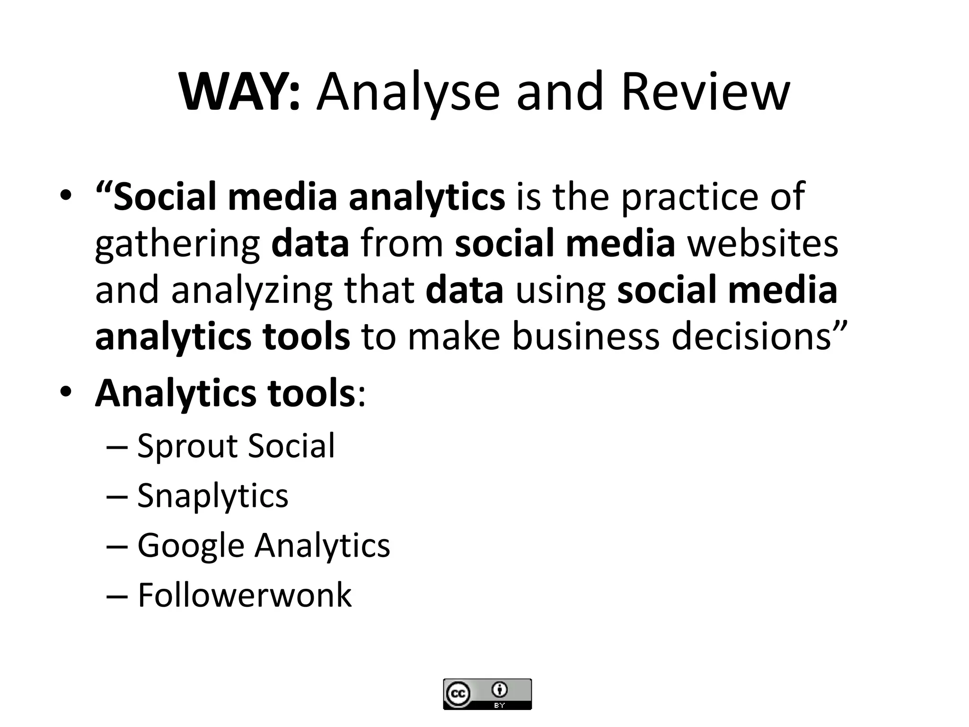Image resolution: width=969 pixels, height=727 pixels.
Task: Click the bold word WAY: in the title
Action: pyautogui.click(x=240, y=92)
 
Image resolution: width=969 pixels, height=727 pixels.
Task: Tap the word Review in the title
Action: pyautogui.click(x=705, y=92)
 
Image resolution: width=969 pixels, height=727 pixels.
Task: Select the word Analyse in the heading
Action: pyautogui.click(x=408, y=92)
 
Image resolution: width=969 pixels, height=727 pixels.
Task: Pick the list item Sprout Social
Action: pyautogui.click(x=236, y=446)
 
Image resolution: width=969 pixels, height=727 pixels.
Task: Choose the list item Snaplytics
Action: pyautogui.click(x=212, y=496)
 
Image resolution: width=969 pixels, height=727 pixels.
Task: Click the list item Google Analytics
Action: pyautogui.click(x=264, y=546)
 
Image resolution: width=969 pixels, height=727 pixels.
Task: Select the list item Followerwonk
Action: pyautogui.click(x=244, y=595)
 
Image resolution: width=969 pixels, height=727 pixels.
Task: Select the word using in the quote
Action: pyautogui.click(x=561, y=292)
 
